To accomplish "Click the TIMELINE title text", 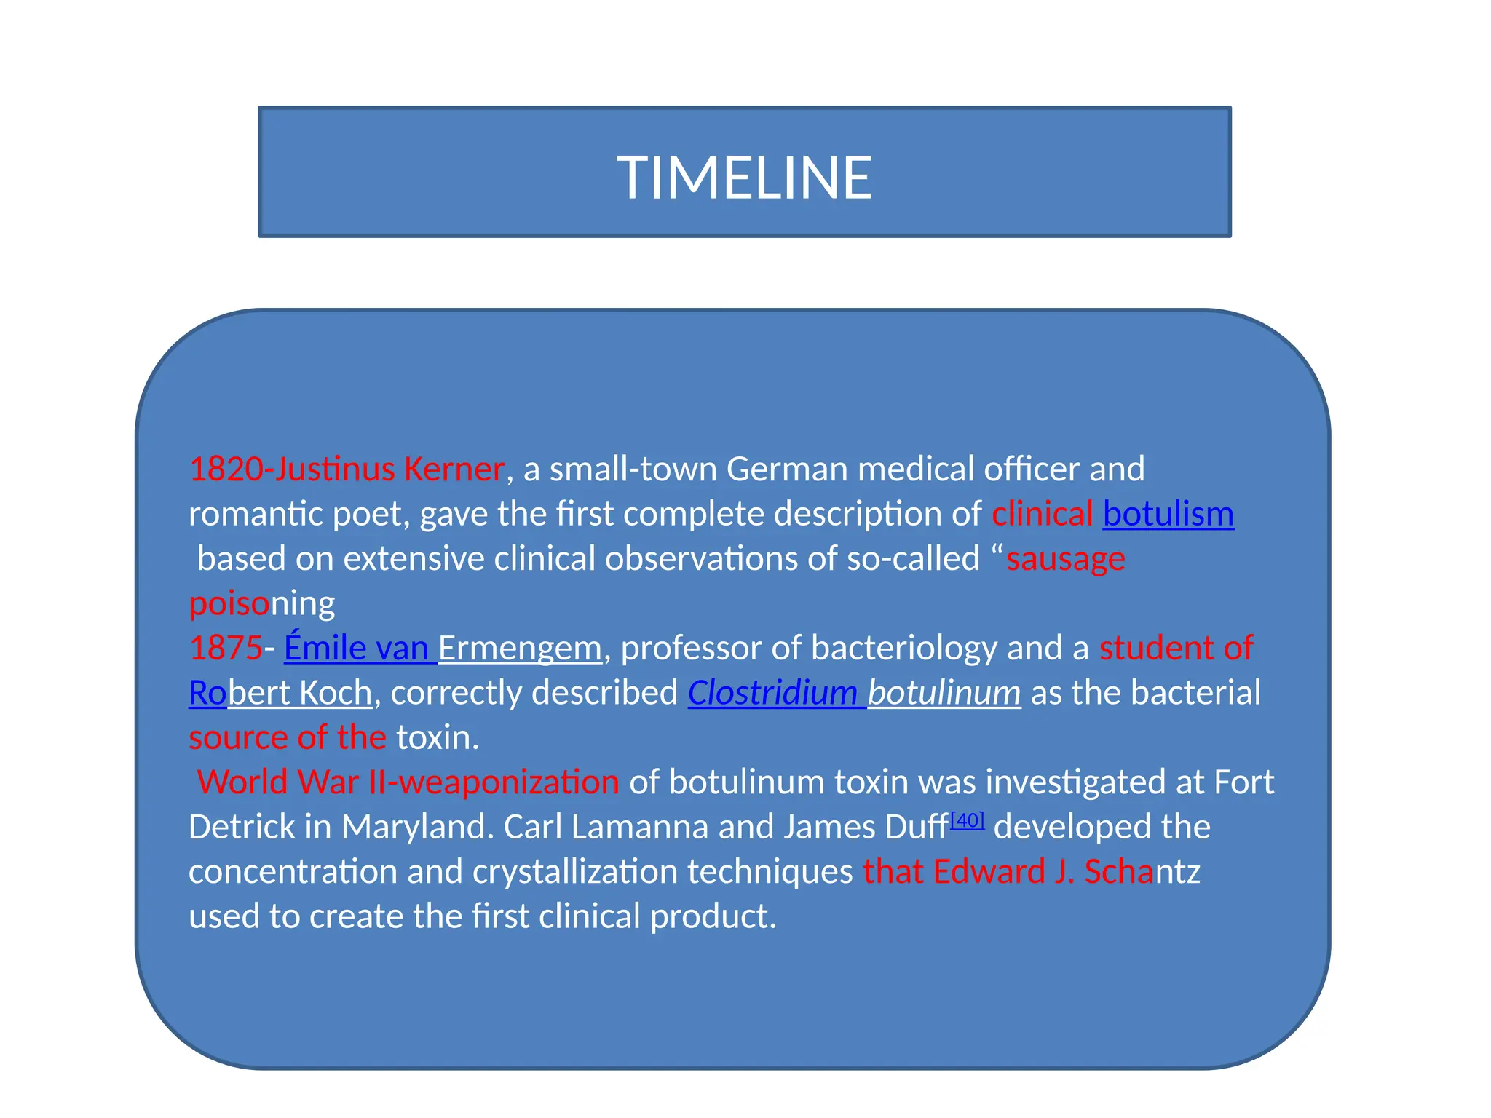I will (744, 178).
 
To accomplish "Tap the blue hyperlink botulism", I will (1168, 515).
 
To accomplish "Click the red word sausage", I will (1065, 559).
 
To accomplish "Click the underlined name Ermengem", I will (520, 649).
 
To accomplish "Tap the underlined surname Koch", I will (336, 693).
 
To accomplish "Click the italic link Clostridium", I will (772, 693).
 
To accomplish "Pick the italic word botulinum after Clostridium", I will (944, 693).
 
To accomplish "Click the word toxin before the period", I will (433, 738).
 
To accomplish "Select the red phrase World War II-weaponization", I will (408, 782).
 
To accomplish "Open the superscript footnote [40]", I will (967, 821).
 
